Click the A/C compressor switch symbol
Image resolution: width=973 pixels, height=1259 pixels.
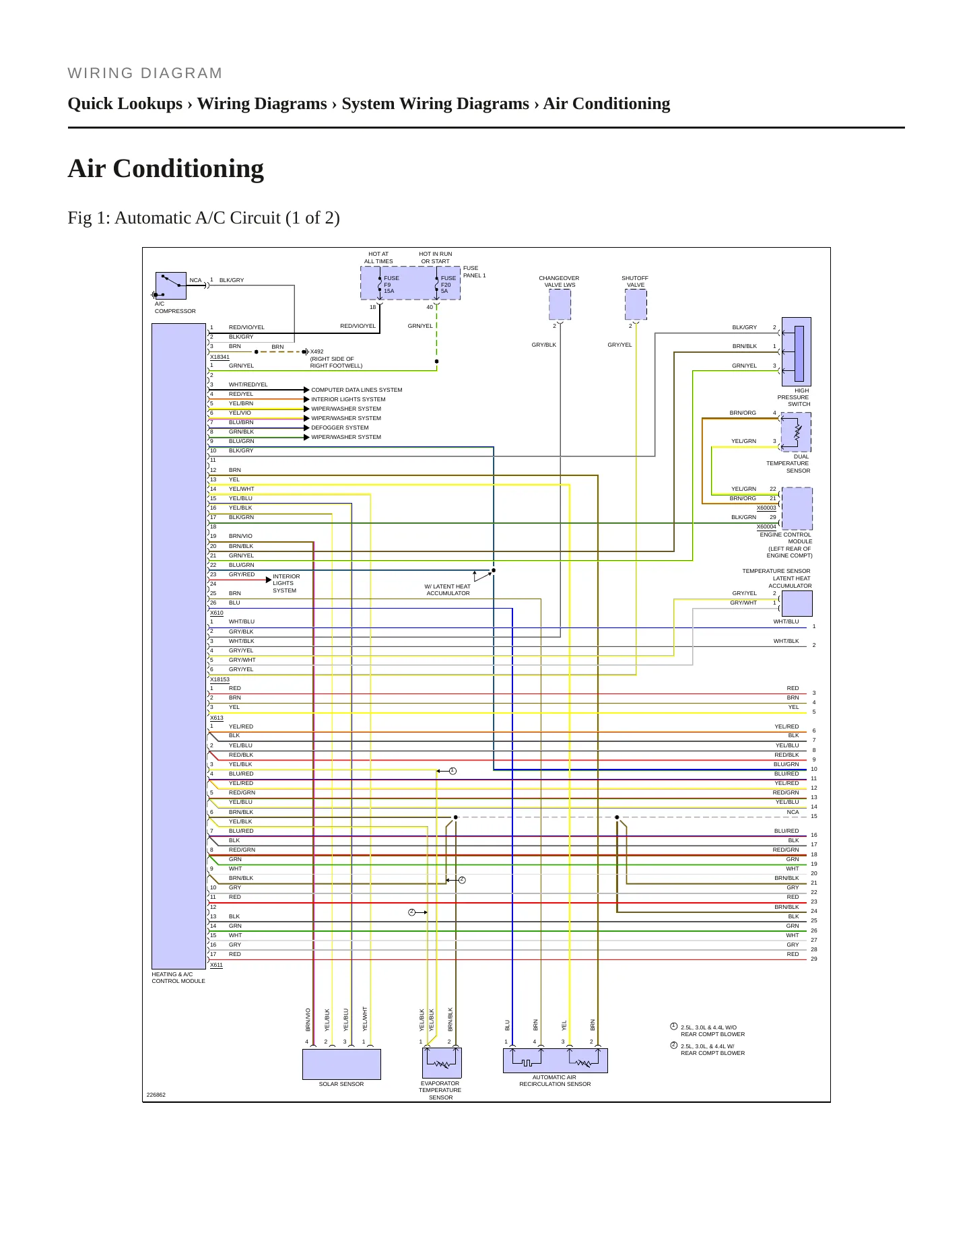170,285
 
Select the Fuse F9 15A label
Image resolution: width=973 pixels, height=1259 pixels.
391,285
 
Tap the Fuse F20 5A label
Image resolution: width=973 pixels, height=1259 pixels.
448,285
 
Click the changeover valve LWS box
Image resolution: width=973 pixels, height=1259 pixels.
560,304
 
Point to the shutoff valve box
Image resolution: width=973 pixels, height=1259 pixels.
636,304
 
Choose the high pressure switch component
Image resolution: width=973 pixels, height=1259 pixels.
796,351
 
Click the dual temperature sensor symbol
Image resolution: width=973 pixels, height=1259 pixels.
796,432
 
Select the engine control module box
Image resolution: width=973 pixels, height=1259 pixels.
797,508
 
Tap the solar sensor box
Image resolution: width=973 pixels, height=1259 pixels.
341,1064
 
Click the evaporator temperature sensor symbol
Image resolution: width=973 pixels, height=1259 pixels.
442,1063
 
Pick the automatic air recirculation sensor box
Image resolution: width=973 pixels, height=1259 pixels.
556,1060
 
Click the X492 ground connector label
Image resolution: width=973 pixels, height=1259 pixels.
316,351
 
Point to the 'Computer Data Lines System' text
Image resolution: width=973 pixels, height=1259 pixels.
357,390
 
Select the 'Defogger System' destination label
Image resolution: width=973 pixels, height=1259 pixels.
340,428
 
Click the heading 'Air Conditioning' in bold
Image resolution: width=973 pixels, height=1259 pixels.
166,168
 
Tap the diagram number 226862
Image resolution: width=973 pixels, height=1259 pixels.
156,1095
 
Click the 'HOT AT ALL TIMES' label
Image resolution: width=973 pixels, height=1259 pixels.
378,258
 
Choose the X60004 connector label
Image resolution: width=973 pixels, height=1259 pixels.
766,527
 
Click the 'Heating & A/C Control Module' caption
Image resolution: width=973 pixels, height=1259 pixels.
178,978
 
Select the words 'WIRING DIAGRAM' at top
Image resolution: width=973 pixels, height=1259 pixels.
145,73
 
